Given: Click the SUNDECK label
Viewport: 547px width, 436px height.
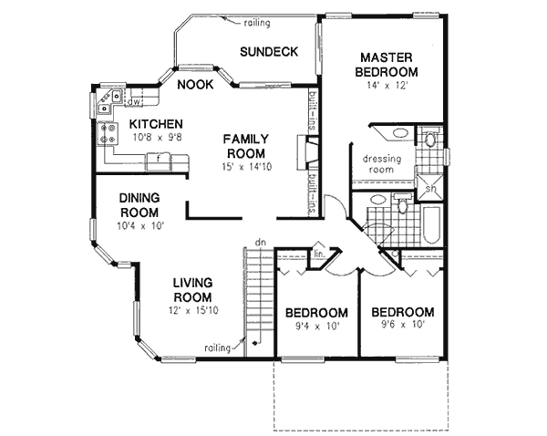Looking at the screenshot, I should [x=269, y=52].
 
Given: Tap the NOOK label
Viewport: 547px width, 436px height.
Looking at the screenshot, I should [x=195, y=85].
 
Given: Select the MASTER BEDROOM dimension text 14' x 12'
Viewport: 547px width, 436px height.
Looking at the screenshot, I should [x=388, y=87].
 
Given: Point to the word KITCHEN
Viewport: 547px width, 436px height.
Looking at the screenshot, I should [x=157, y=124].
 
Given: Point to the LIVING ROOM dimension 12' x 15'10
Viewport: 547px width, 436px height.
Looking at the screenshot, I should [x=193, y=311].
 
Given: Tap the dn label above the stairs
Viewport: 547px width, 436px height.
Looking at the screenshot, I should [x=260, y=243].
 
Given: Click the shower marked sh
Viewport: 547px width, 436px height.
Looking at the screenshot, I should [x=428, y=189].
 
